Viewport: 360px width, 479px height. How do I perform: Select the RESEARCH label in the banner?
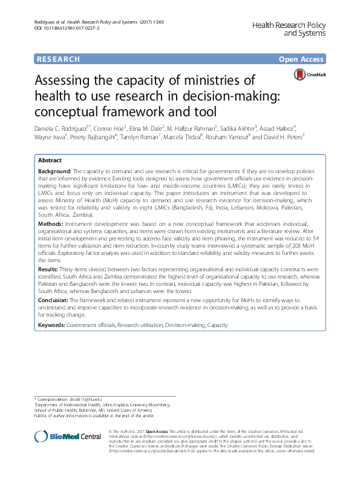tap(58, 59)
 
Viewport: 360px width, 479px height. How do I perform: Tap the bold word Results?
tap(50, 268)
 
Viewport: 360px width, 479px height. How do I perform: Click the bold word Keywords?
tap(52, 325)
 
